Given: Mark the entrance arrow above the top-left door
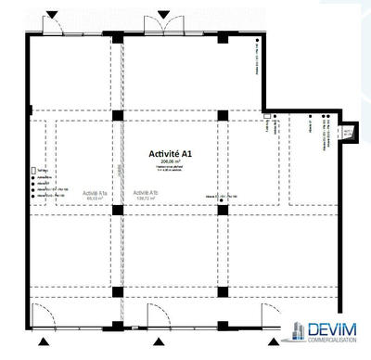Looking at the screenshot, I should coord(54,13).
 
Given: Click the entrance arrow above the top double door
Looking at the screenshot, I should coord(162,13).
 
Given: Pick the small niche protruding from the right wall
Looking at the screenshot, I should coord(348,134).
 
